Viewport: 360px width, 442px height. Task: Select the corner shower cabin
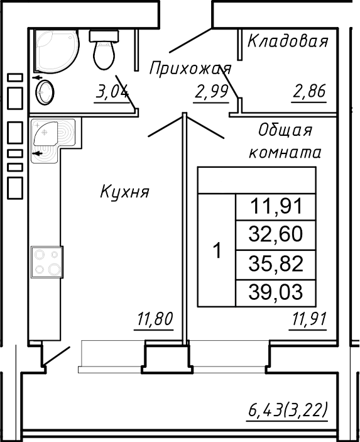[55, 51]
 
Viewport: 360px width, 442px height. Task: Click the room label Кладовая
[288, 42]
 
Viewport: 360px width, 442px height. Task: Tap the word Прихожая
[190, 68]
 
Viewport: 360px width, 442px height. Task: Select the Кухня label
[124, 192]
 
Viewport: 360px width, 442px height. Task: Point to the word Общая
[285, 130]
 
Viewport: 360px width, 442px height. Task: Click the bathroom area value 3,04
[111, 92]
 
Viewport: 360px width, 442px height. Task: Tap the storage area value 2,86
[308, 92]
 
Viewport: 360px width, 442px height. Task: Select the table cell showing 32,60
[275, 235]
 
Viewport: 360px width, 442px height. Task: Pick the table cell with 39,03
[275, 292]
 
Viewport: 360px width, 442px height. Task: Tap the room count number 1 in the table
[217, 251]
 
